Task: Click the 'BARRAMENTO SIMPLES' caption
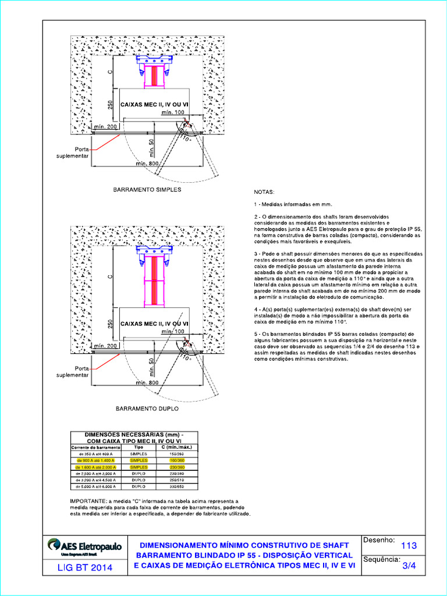click(147, 190)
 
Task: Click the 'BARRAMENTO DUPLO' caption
click(147, 409)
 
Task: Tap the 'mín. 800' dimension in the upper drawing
click(148, 164)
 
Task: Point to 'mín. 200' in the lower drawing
click(105, 346)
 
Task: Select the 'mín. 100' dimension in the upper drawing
click(172, 112)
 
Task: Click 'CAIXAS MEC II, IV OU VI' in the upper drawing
click(154, 105)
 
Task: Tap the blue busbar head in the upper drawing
click(155, 59)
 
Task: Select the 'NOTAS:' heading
click(265, 192)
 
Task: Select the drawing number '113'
click(409, 546)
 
